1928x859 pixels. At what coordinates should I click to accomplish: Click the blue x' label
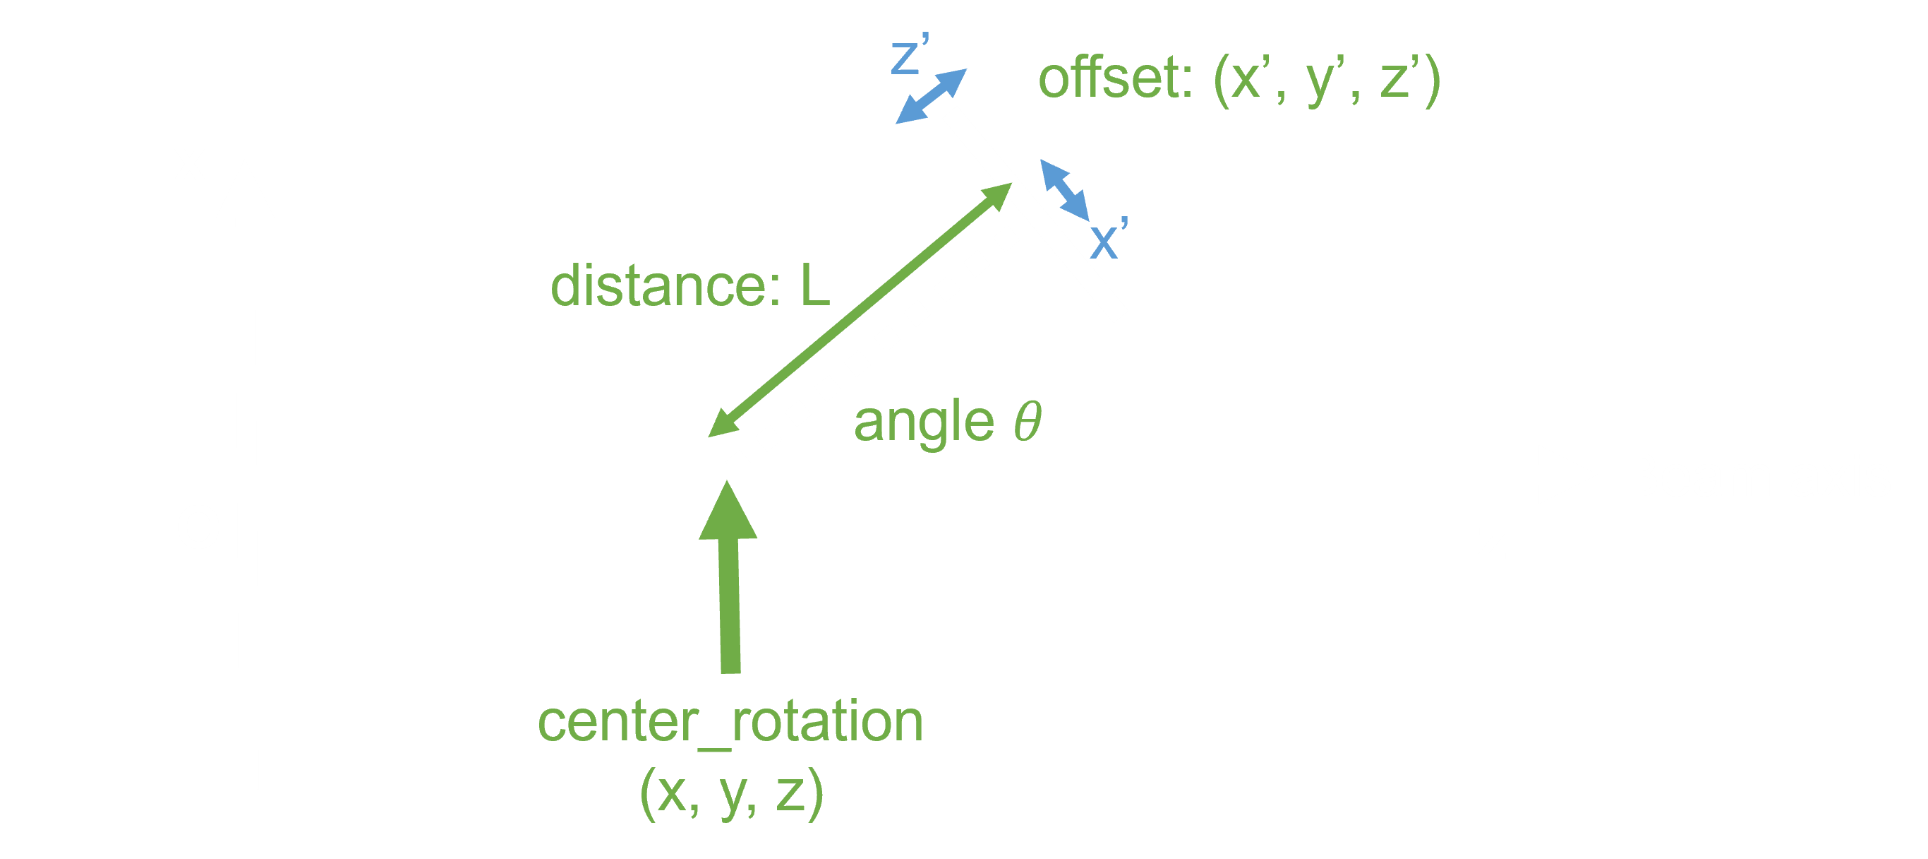pos(1109,238)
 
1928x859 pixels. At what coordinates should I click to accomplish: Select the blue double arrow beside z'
pos(932,96)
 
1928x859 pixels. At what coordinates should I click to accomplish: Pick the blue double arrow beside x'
pos(1064,190)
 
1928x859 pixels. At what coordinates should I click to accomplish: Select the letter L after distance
pos(815,286)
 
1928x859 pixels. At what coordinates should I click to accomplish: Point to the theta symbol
pos(1027,421)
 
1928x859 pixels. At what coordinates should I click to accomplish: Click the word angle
pos(924,422)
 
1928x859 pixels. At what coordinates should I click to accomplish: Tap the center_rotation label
pos(730,722)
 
